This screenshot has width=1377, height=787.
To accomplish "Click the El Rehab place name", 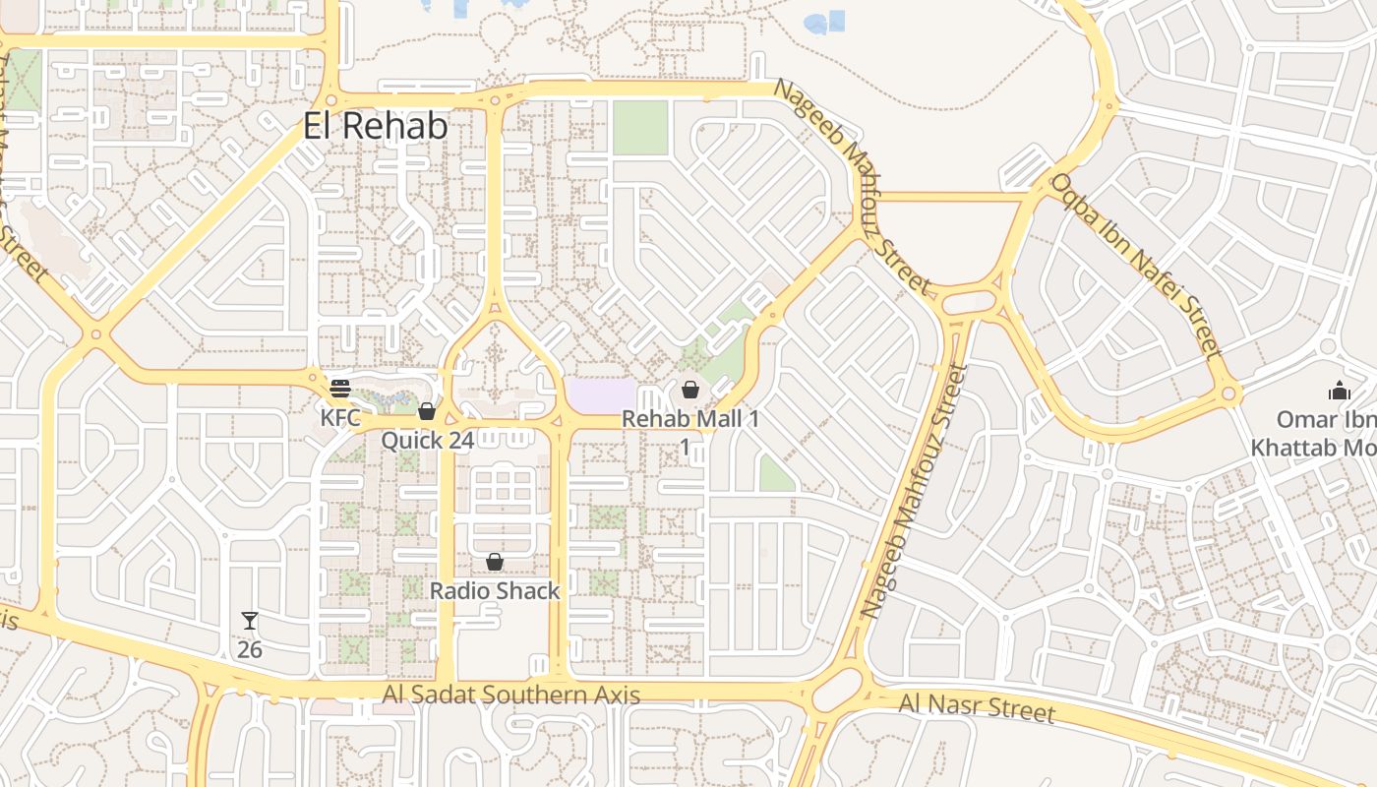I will tap(375, 126).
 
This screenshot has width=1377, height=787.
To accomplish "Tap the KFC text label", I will tap(341, 417).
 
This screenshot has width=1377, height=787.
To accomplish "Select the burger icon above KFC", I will tap(340, 389).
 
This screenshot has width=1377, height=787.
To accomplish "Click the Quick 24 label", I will tap(428, 440).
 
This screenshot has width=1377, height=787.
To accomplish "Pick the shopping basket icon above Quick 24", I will tap(427, 411).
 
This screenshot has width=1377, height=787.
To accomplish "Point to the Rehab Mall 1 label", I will tap(690, 419).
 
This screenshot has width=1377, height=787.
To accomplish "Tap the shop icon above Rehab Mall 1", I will tap(690, 390).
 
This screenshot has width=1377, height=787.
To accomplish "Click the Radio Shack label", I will tap(495, 591).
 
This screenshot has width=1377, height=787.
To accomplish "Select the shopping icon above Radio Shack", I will tap(495, 562).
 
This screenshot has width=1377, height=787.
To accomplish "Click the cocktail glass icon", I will tap(250, 621).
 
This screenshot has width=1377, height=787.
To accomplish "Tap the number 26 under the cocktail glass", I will tap(250, 649).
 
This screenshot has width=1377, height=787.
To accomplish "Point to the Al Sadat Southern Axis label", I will tap(511, 696).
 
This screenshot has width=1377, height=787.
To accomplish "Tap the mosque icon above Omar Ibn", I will tap(1339, 391).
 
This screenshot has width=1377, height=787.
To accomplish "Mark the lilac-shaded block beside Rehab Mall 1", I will tap(600, 395).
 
